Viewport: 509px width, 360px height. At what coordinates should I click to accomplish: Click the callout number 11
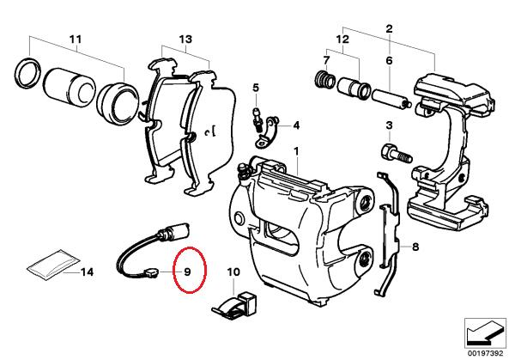pyautogui.click(x=76, y=40)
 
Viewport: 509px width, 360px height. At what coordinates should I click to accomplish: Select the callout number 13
pyautogui.click(x=185, y=40)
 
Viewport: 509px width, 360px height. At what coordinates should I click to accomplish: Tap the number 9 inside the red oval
pyautogui.click(x=187, y=272)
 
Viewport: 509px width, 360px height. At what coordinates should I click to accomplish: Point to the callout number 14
pyautogui.click(x=87, y=272)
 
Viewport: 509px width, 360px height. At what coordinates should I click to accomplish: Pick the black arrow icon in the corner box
pyautogui.click(x=484, y=333)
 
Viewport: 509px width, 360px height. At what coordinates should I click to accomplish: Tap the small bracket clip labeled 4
pyautogui.click(x=268, y=132)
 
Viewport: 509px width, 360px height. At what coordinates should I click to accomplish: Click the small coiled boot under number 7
pyautogui.click(x=325, y=79)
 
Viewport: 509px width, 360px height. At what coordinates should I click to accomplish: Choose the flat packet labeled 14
pyautogui.click(x=53, y=263)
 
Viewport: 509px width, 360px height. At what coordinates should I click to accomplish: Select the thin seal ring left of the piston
pyautogui.click(x=28, y=73)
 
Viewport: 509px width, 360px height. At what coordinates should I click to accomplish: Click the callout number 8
pyautogui.click(x=415, y=247)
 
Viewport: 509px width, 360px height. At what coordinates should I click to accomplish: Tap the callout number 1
pyautogui.click(x=296, y=152)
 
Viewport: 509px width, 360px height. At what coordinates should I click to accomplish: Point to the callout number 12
pyautogui.click(x=342, y=40)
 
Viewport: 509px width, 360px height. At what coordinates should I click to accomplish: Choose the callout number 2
pyautogui.click(x=389, y=29)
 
